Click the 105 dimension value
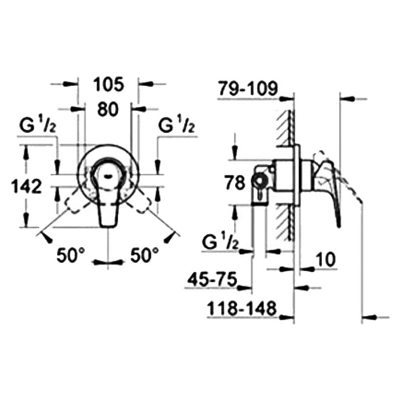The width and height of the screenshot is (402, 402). pyautogui.click(x=109, y=84)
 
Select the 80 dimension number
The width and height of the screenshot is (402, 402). pyautogui.click(x=108, y=109)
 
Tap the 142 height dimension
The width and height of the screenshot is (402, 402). pyautogui.click(x=26, y=186)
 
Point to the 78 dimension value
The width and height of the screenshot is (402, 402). pyautogui.click(x=235, y=183)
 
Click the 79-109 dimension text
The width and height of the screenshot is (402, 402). pyautogui.click(x=248, y=88)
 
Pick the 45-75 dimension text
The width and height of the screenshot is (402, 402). pyautogui.click(x=212, y=280)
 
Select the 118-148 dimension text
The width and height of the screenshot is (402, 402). pyautogui.click(x=242, y=308)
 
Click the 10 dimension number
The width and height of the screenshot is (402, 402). pyautogui.click(x=326, y=260)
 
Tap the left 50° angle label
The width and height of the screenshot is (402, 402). pyautogui.click(x=71, y=255)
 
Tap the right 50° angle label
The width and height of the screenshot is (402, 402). pyautogui.click(x=145, y=255)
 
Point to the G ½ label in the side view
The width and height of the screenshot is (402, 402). pyautogui.click(x=220, y=242)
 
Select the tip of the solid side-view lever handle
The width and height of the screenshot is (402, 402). pyautogui.click(x=339, y=226)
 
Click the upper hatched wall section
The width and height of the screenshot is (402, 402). pyautogui.click(x=285, y=128)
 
